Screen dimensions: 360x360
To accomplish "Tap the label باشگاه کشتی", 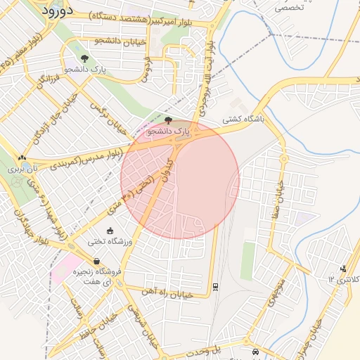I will [x=243, y=120].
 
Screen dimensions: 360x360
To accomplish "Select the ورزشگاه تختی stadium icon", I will [x=109, y=231].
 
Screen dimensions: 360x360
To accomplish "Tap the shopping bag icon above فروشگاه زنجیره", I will [x=96, y=262].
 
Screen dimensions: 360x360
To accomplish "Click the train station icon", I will [x=214, y=286].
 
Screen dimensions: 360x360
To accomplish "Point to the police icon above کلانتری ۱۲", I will [x=343, y=268].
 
